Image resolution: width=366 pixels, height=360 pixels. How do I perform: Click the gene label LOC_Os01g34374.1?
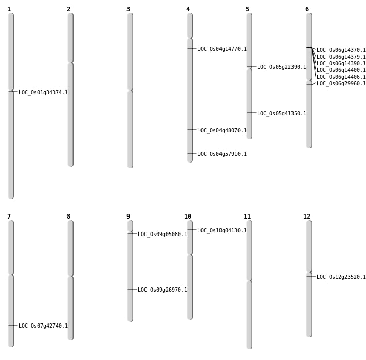click(43, 93)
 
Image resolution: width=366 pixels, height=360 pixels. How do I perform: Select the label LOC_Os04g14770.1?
click(222, 49)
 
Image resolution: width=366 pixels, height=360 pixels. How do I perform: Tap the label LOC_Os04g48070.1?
click(222, 131)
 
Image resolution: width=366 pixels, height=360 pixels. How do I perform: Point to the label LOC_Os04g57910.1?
click(222, 154)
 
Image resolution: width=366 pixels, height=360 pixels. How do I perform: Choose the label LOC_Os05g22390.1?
click(282, 67)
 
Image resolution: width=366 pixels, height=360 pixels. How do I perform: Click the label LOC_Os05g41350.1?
click(282, 114)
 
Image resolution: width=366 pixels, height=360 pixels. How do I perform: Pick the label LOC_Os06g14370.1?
click(341, 50)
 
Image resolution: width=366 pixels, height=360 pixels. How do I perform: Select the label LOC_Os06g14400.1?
click(341, 70)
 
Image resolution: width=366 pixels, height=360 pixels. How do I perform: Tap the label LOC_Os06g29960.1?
click(341, 84)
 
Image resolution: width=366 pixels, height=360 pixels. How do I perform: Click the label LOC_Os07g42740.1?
click(43, 326)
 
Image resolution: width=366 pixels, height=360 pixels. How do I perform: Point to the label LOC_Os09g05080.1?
click(162, 235)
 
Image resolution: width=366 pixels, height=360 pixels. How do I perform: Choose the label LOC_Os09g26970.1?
click(162, 290)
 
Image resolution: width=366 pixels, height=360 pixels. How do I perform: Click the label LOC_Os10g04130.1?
click(222, 231)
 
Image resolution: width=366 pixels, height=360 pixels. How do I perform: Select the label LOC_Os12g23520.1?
click(341, 277)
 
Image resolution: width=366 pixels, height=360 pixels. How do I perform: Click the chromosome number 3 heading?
click(128, 9)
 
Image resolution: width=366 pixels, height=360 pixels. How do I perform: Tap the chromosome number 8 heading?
click(68, 217)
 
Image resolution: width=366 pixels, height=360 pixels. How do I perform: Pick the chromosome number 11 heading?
click(247, 217)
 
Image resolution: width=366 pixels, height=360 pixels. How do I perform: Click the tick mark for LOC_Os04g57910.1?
click(191, 153)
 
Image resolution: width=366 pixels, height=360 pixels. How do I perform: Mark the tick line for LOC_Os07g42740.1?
click(12, 325)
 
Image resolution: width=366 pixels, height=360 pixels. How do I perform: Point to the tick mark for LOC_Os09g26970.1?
click(132, 289)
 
